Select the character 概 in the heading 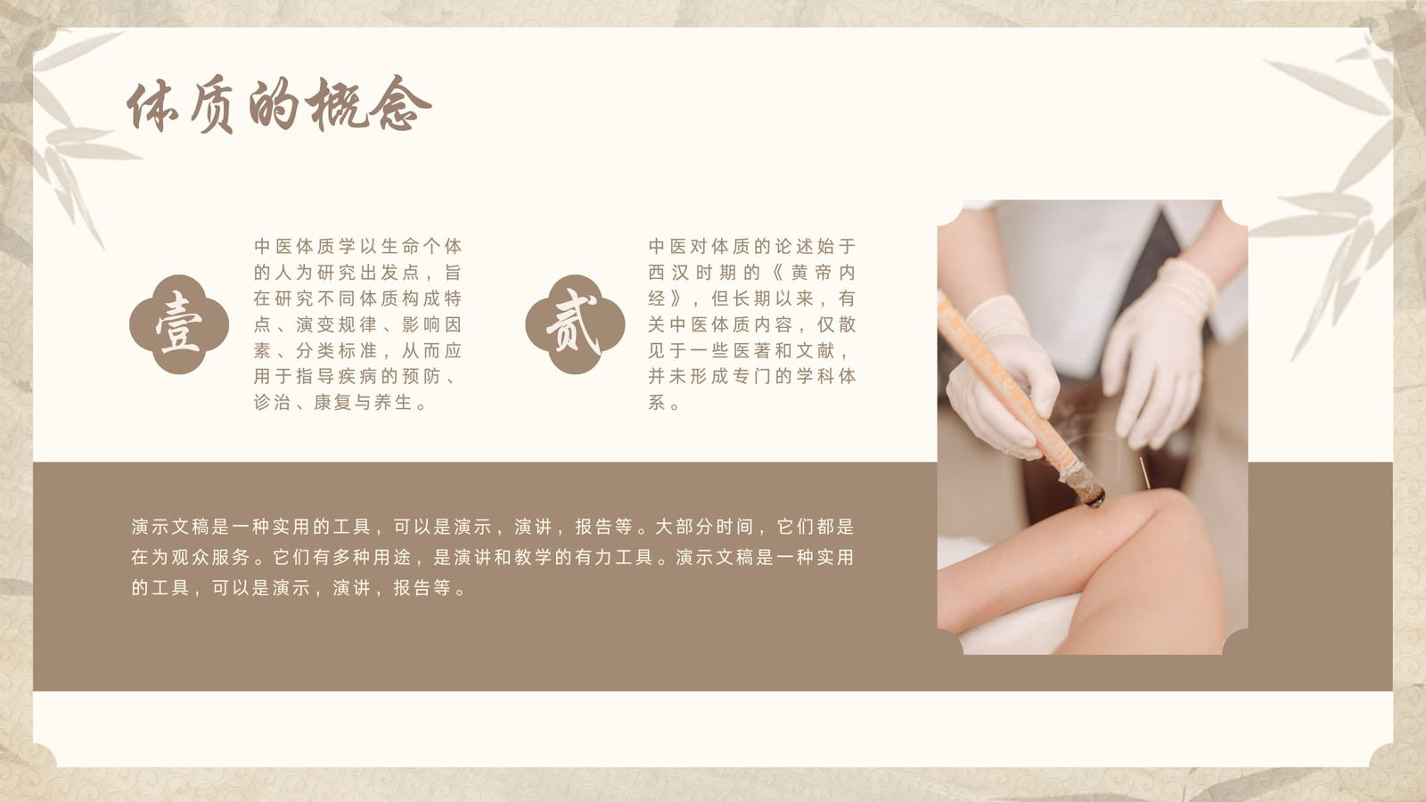[x=338, y=104]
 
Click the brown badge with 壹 [x=179, y=324]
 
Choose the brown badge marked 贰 [x=575, y=324]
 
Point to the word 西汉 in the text [x=668, y=273]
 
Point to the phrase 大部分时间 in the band [x=704, y=527]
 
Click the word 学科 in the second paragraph [x=815, y=376]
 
